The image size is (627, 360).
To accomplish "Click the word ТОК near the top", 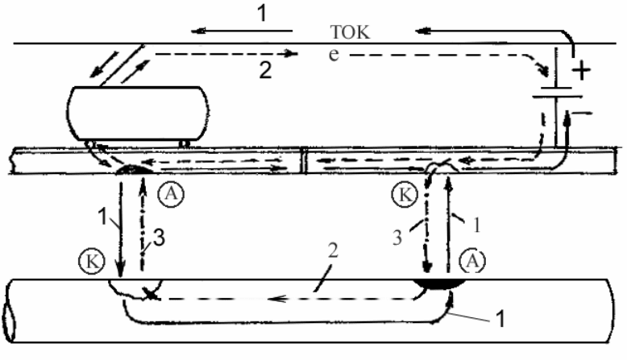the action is (x=351, y=32).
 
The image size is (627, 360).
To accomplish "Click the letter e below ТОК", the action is (x=334, y=54).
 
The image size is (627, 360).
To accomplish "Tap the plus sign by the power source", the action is (x=581, y=70).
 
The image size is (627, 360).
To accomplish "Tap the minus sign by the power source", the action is (x=582, y=114).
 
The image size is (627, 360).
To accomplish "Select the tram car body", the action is (x=137, y=114).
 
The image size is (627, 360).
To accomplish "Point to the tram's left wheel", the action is (x=90, y=144).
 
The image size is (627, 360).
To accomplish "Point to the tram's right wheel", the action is (x=184, y=143).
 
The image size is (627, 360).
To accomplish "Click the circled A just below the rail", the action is (x=171, y=194).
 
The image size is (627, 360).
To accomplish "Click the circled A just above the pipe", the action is (x=472, y=261).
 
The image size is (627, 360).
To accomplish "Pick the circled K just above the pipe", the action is (x=92, y=262).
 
